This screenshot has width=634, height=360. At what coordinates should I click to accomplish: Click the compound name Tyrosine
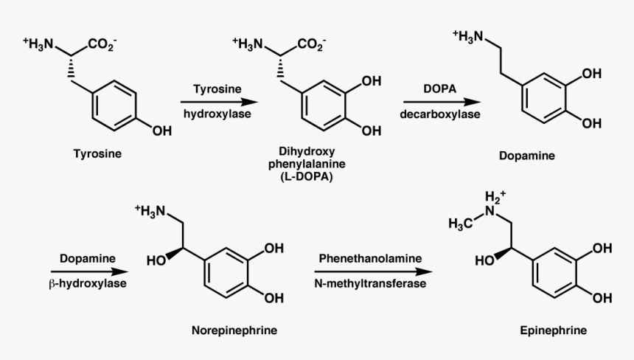tap(97, 153)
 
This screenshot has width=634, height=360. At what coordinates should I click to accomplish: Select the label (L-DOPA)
tap(307, 177)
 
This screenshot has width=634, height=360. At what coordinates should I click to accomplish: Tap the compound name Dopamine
tap(527, 156)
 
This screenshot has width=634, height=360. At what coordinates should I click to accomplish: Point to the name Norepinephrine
tap(234, 330)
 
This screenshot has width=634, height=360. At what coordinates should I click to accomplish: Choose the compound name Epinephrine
tap(554, 330)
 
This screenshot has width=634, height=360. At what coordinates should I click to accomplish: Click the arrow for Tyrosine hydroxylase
tap(219, 103)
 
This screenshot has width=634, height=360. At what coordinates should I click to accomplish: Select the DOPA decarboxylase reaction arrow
tap(442, 103)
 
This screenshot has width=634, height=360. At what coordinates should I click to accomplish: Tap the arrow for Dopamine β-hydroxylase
tap(89, 271)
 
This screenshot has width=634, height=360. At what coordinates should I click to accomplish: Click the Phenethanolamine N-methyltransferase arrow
tap(373, 271)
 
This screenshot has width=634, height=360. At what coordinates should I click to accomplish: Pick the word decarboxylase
tap(440, 114)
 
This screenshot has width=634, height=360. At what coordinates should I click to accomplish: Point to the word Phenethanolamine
tap(370, 258)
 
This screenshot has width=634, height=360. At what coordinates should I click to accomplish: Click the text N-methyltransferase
tap(370, 283)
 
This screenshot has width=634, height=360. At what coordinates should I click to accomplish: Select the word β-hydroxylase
tap(88, 283)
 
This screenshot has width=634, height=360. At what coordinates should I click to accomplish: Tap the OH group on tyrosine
tap(162, 131)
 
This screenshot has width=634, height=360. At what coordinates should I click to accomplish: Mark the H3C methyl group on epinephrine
tap(460, 224)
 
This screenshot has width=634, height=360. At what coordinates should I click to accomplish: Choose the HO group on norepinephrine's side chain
tap(156, 261)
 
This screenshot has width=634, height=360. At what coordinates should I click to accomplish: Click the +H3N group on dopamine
tap(468, 36)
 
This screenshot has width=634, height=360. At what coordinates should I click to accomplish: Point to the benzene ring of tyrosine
tap(114, 106)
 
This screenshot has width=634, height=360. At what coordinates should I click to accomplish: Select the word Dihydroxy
tap(307, 152)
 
